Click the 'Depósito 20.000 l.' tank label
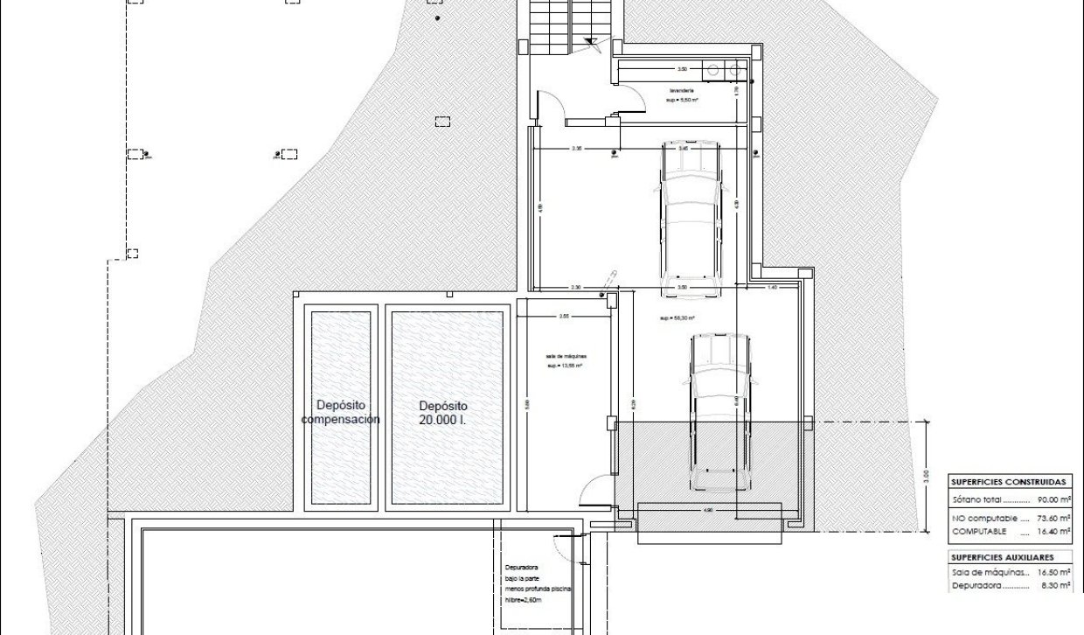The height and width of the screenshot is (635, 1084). (x=443, y=413)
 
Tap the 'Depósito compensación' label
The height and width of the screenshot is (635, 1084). (x=341, y=413)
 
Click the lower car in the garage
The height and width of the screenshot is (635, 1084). (x=717, y=411)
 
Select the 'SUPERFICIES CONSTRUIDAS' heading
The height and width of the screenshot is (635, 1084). (x=1008, y=481)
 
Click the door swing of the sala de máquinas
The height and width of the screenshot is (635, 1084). (x=593, y=490)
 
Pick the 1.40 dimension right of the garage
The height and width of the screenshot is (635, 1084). (x=772, y=287)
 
